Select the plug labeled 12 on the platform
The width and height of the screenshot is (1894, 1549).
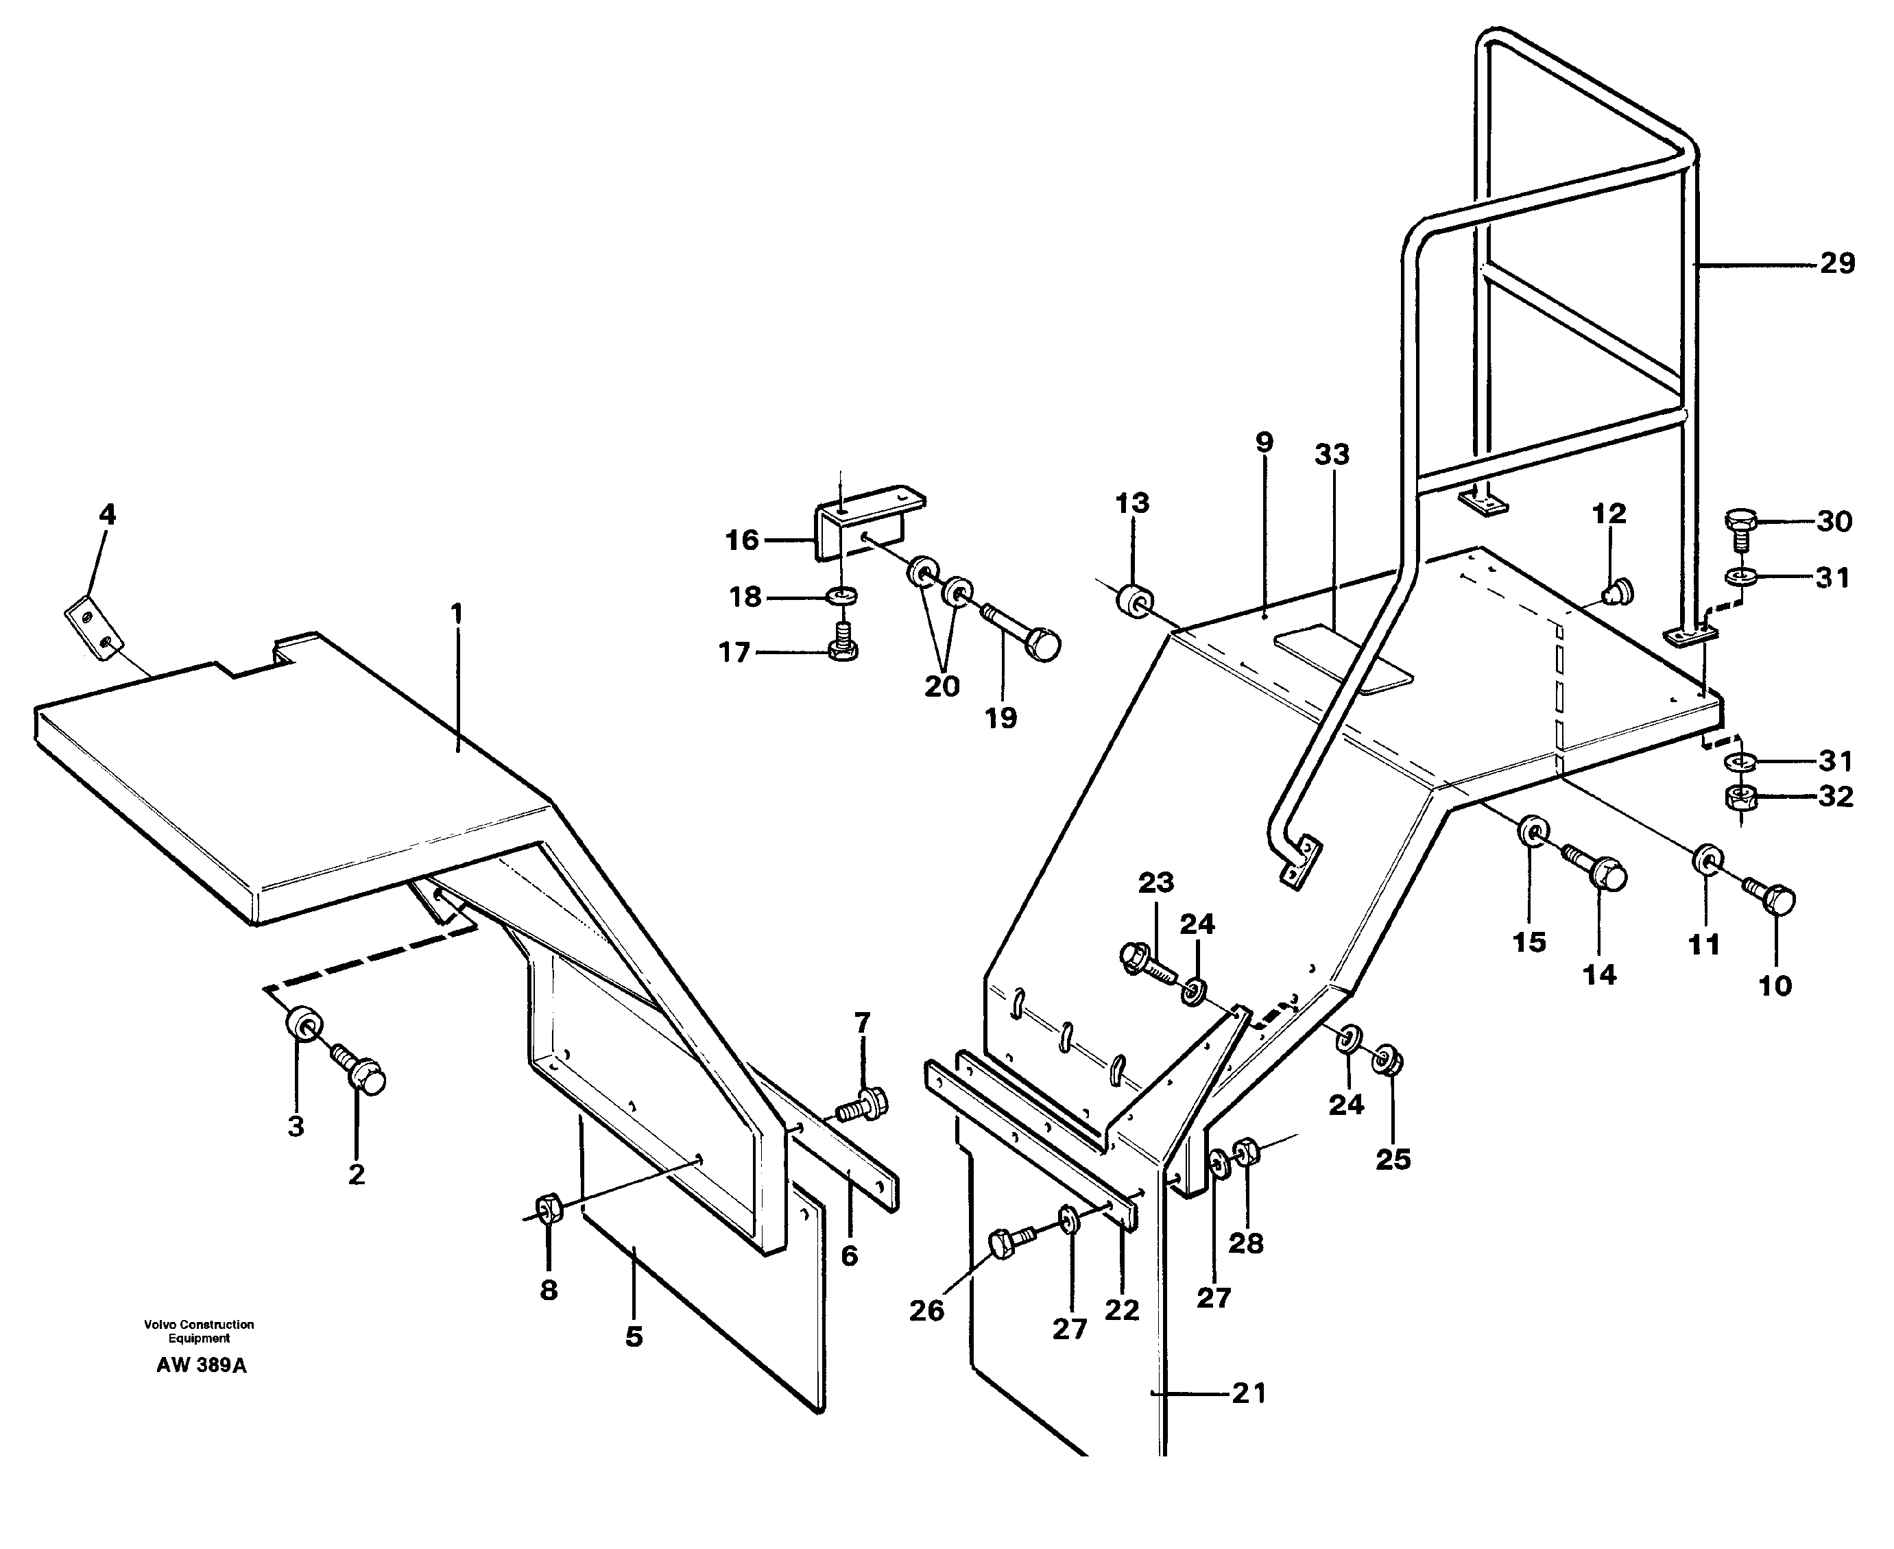pyautogui.click(x=1616, y=590)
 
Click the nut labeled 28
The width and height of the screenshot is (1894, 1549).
pyautogui.click(x=1246, y=1152)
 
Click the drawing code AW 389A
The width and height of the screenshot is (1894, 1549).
pyautogui.click(x=202, y=1365)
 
